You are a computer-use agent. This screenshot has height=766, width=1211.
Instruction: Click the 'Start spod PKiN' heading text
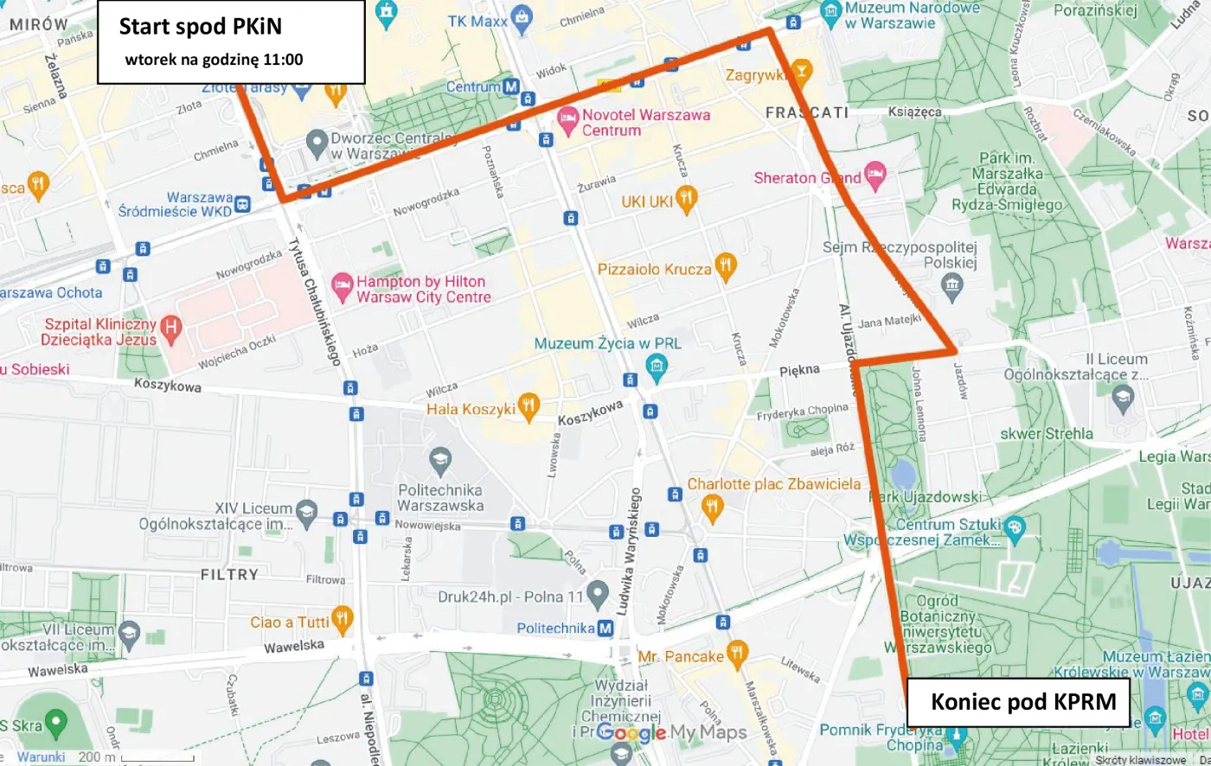[200, 27]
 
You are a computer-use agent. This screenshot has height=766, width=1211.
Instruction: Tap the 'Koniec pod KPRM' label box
[1022, 701]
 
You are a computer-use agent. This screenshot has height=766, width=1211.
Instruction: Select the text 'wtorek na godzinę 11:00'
[214, 60]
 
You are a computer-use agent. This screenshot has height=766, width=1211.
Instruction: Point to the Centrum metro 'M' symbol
[510, 86]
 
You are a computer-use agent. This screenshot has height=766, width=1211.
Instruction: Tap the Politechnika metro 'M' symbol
[605, 629]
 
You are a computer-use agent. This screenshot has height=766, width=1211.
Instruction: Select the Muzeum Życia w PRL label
[607, 343]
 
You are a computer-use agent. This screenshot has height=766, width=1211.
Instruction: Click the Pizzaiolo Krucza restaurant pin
[725, 267]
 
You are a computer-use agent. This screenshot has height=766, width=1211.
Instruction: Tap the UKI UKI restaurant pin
[686, 199]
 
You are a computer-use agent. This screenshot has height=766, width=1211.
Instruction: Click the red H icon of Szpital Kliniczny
[171, 328]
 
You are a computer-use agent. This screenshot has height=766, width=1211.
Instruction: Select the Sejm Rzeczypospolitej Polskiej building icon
[952, 284]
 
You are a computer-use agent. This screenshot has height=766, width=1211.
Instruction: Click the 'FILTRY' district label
[229, 574]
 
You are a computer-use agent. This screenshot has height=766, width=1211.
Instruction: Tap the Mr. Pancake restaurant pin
[737, 654]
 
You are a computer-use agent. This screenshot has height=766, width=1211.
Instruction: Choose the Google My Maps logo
[671, 733]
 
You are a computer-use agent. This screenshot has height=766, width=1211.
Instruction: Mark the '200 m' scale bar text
[96, 756]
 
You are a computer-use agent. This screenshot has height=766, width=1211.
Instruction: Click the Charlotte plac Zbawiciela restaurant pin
[712, 507]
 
